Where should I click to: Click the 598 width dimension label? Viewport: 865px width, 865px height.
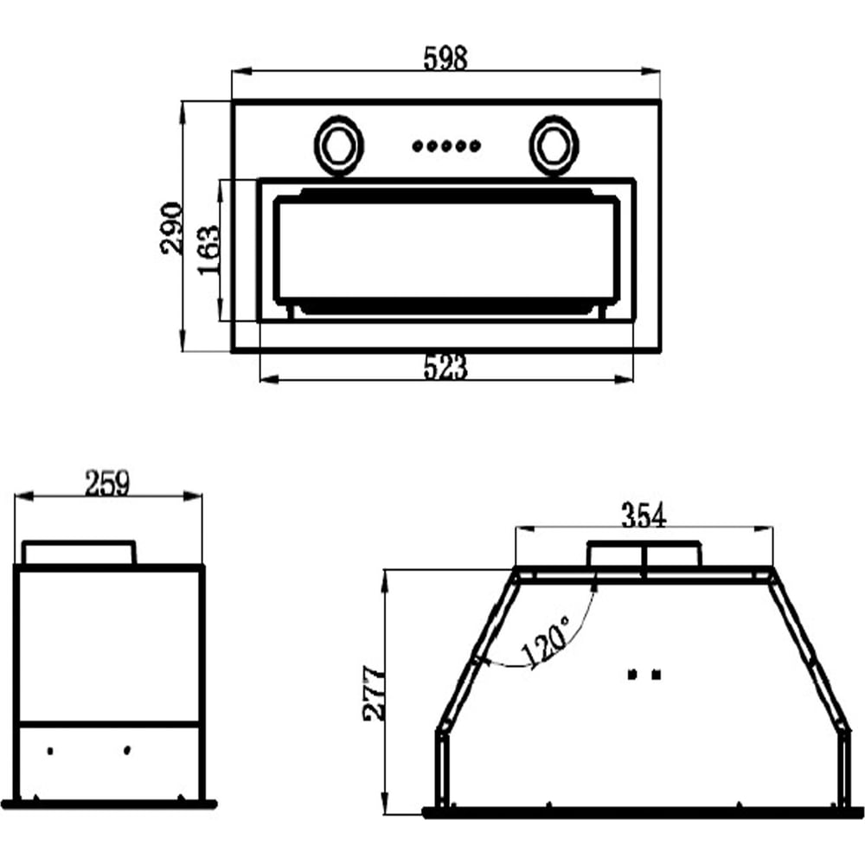pos(445,59)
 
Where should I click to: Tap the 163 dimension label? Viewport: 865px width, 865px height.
pos(208,251)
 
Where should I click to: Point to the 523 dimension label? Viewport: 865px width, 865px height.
pos(445,368)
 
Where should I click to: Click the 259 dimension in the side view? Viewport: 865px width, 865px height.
pos(107,484)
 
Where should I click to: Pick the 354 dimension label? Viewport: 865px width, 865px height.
pos(644,516)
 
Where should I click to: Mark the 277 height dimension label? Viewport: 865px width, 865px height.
pos(374,694)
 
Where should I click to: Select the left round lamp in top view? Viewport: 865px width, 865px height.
pos(339,145)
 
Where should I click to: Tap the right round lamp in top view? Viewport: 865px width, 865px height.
pos(554,145)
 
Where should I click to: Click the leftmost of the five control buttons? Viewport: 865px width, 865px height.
pos(418,146)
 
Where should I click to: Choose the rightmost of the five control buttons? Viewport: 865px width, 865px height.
pos(476,146)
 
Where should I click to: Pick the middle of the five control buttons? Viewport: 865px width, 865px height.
pos(447,146)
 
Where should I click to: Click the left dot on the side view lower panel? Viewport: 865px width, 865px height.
pos(50,751)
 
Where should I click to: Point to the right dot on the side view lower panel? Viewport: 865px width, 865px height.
pos(127,750)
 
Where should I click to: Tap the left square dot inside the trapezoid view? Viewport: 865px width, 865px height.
pos(633,674)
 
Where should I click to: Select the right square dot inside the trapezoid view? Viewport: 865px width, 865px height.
pos(656,674)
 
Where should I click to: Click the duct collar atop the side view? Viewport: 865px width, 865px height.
pos(79,553)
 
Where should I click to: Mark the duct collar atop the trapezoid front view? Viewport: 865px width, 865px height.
pos(644,554)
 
